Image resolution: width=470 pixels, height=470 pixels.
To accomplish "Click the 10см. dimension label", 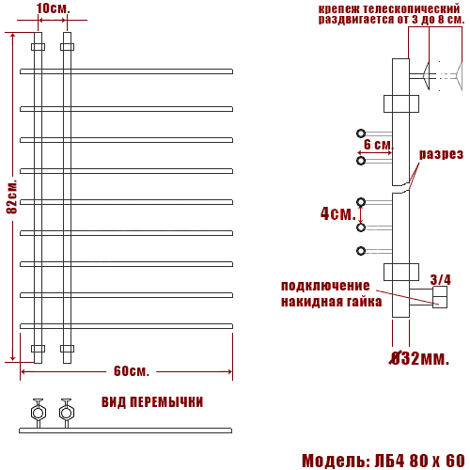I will point(54,8).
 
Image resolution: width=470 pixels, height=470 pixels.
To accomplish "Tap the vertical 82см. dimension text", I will point(11,196).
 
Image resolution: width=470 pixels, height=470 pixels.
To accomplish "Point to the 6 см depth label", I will point(377,144).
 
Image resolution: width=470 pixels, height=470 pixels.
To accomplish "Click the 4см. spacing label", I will point(337,213).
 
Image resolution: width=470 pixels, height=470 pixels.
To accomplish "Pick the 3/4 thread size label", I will point(440,279).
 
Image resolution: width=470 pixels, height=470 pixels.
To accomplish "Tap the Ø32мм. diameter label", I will point(418,357).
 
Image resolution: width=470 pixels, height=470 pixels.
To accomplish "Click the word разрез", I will point(440,154).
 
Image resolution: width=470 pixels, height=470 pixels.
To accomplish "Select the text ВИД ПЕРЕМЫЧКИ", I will point(151,402).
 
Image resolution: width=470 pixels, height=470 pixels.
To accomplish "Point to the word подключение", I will point(325,286).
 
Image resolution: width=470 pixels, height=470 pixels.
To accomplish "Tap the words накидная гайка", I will point(331,302).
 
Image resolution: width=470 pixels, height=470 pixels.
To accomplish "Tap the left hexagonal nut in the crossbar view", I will point(39,411).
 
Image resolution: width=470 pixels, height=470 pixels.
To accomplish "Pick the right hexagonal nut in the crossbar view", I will point(66,411).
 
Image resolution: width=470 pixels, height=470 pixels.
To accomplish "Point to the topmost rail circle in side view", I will point(361,133).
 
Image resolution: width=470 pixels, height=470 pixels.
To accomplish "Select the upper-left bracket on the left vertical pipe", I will point(38,46).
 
